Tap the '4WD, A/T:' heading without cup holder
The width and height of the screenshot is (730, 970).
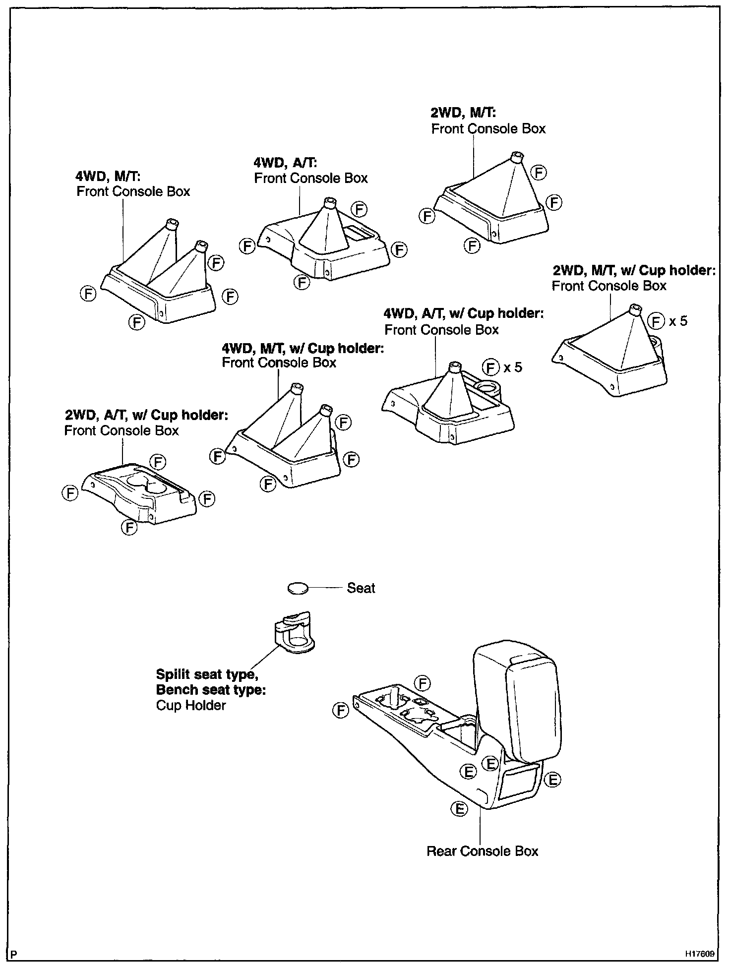[x=285, y=162]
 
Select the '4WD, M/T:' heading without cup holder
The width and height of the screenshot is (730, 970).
[x=108, y=176]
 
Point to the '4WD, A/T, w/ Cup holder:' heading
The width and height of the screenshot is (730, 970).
[x=463, y=313]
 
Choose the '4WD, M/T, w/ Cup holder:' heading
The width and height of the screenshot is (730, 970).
[x=303, y=348]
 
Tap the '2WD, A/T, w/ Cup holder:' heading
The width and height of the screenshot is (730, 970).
[x=146, y=415]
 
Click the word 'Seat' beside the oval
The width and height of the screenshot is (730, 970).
[x=361, y=588]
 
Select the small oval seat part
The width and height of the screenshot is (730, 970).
[x=298, y=588]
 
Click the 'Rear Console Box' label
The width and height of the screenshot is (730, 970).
[x=482, y=851]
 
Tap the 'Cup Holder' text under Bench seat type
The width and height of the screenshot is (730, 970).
[x=191, y=705]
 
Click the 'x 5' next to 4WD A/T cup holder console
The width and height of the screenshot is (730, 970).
[x=513, y=367]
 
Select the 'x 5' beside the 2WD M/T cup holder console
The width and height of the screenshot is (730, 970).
[x=678, y=321]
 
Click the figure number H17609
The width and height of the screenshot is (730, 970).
[x=700, y=954]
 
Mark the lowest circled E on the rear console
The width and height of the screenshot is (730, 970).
[x=459, y=809]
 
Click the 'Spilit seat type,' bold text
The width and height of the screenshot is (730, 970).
[x=207, y=674]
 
